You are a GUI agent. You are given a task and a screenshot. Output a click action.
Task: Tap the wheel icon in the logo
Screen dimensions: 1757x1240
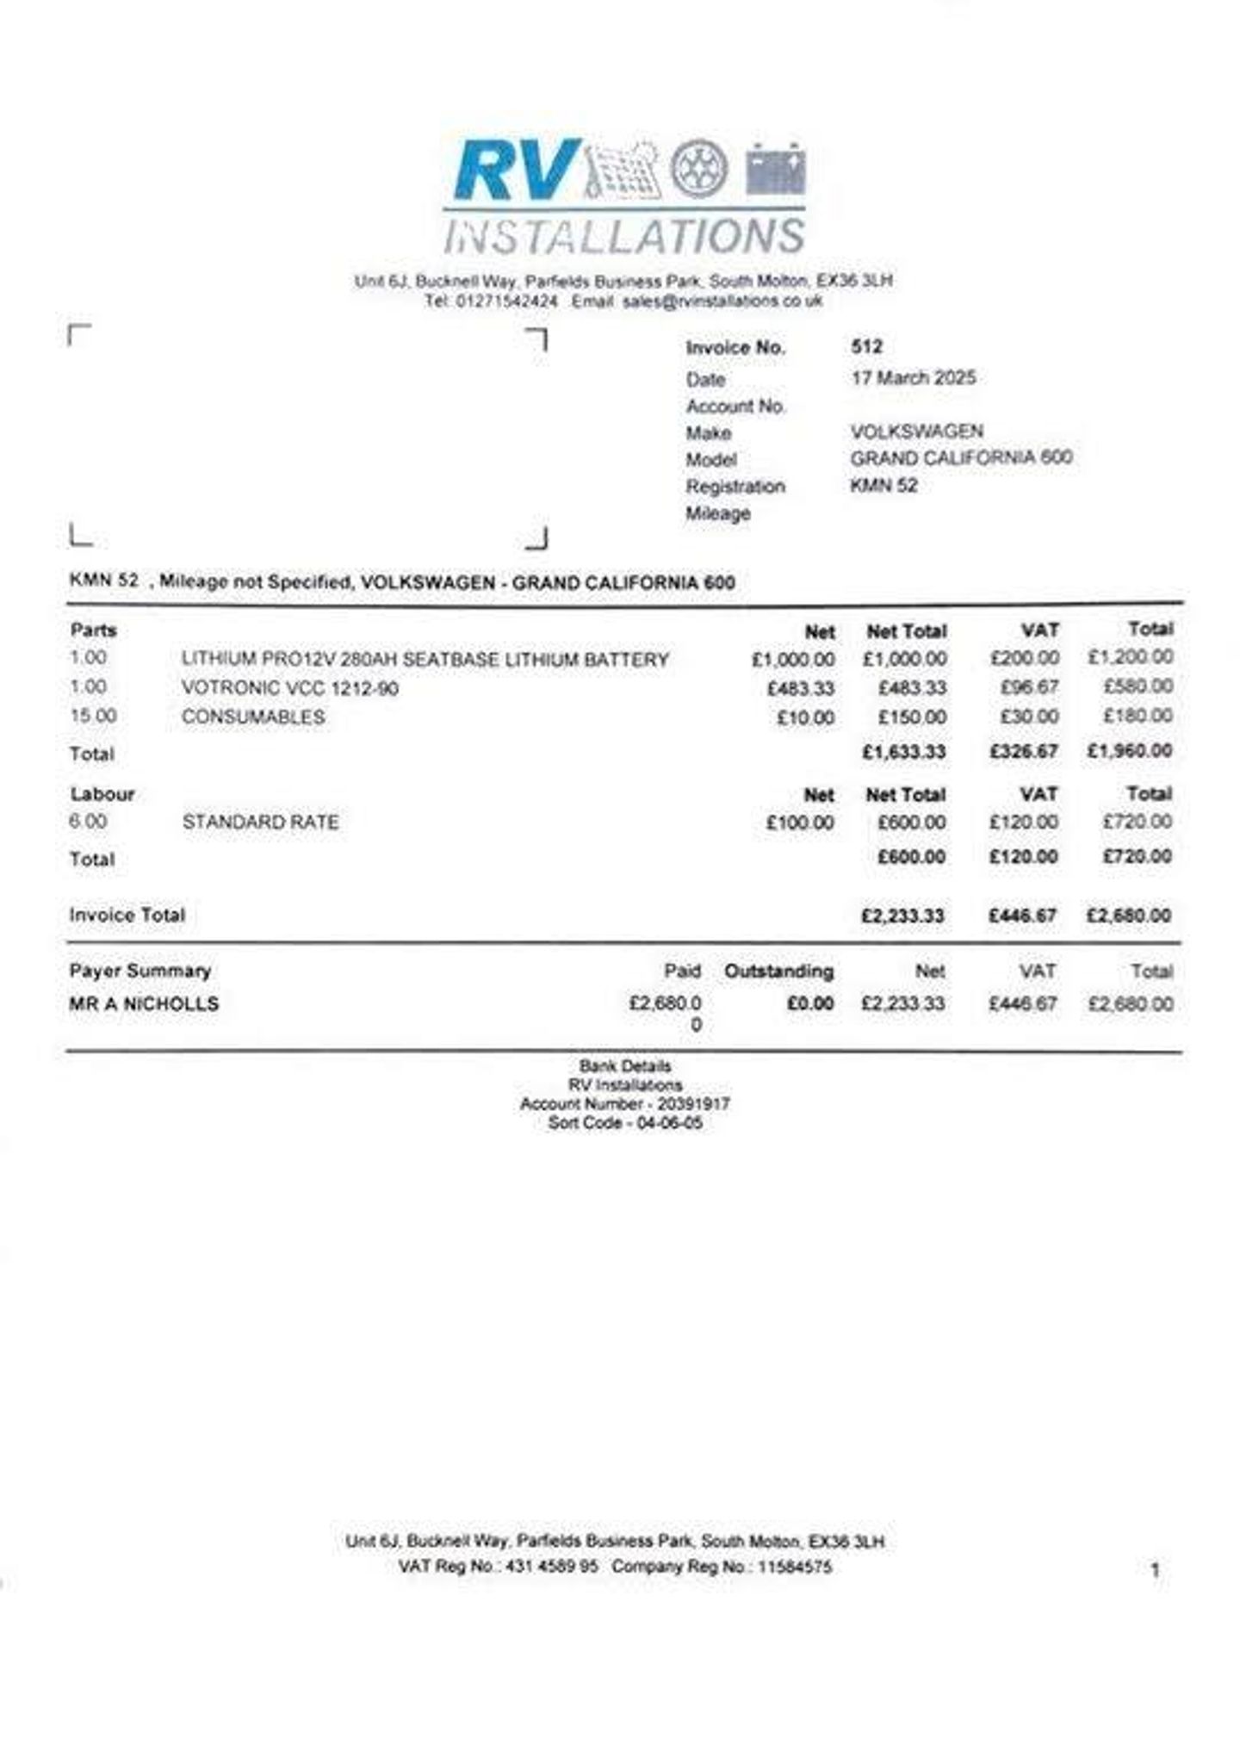point(698,169)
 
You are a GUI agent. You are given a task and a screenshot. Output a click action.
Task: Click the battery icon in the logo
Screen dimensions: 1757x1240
point(775,169)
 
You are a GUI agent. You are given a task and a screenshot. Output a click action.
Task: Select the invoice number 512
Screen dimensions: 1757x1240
point(866,346)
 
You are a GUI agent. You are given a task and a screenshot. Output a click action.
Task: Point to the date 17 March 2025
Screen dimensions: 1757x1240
point(913,377)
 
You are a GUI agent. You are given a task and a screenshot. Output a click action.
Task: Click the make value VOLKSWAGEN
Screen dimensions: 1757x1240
point(916,431)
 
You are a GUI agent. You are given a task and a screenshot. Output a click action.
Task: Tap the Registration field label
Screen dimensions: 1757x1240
point(735,487)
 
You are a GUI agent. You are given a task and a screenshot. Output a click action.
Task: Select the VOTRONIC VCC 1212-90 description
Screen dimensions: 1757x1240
point(290,688)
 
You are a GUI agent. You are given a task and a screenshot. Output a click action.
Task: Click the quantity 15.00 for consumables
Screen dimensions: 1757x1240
point(93,716)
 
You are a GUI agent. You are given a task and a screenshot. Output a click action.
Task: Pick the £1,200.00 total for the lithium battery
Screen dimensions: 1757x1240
point(1129,657)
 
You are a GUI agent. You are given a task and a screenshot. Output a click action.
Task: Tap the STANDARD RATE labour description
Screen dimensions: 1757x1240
point(260,823)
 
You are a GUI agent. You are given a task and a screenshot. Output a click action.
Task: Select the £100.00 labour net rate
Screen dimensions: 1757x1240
point(799,823)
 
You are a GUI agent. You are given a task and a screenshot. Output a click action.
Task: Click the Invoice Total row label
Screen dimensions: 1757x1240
point(127,915)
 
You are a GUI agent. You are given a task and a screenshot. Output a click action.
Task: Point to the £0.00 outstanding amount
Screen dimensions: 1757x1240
point(809,1003)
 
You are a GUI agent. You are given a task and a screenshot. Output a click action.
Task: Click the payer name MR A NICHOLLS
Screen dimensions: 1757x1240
point(144,1004)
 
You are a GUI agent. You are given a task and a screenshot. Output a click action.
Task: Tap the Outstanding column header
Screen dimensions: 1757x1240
point(778,972)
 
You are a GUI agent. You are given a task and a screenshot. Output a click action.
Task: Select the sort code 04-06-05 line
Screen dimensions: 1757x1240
point(624,1123)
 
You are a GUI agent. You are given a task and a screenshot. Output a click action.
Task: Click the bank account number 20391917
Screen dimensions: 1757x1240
point(693,1104)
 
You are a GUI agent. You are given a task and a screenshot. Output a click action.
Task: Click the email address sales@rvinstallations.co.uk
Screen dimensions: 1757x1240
point(722,301)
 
